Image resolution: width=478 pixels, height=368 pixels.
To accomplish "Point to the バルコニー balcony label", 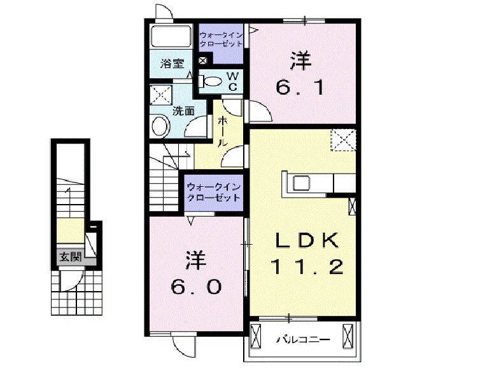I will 302,340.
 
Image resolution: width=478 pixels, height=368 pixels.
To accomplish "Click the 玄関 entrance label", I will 70,257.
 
